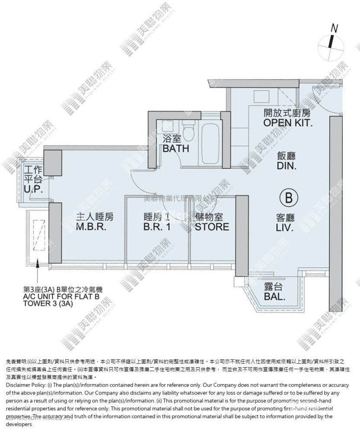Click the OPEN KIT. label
(x=288, y=122)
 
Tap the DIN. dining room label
(x=287, y=165)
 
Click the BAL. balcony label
(x=275, y=296)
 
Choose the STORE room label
(x=212, y=227)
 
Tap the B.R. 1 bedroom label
(x=156, y=227)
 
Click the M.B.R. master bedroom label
(x=91, y=227)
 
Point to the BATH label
(x=176, y=149)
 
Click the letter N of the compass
(x=334, y=29)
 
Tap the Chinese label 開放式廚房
(x=288, y=113)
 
